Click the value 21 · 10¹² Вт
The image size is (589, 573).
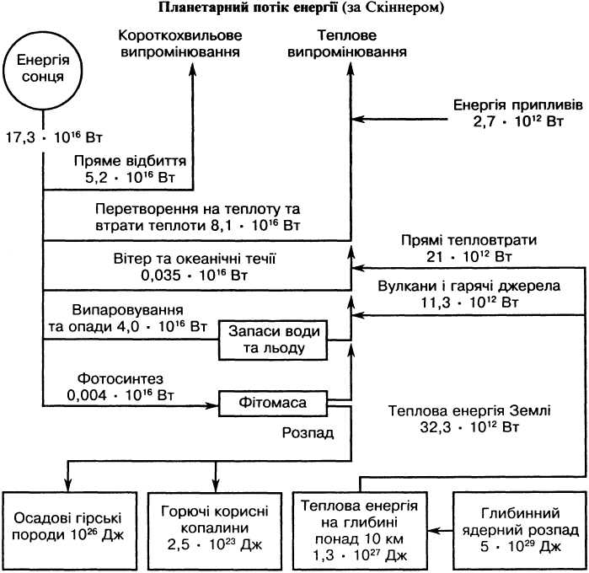tap(469, 257)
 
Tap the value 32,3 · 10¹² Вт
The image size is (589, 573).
tap(469, 427)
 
